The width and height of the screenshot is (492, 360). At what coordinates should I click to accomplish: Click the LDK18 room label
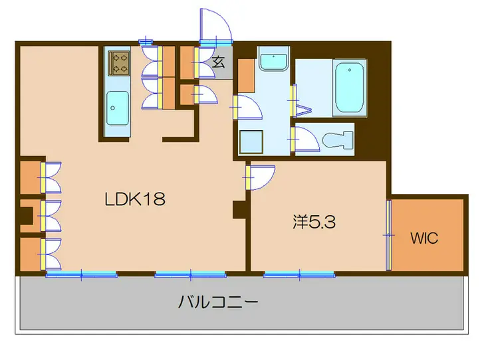coord(134,199)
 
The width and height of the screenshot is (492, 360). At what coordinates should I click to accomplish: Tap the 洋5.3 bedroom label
coord(314,223)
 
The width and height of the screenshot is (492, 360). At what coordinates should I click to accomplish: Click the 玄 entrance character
coord(217,64)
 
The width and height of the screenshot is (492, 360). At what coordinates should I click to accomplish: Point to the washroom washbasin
coord(273,62)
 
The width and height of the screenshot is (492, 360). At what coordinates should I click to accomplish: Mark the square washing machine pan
coord(252,141)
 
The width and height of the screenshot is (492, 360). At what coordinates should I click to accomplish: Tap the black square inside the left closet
coord(26,217)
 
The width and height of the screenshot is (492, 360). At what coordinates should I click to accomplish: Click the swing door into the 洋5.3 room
coord(261,177)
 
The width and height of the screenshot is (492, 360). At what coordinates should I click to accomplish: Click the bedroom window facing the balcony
coord(299,273)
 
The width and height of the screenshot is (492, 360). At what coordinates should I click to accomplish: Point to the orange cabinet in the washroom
coord(246,75)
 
